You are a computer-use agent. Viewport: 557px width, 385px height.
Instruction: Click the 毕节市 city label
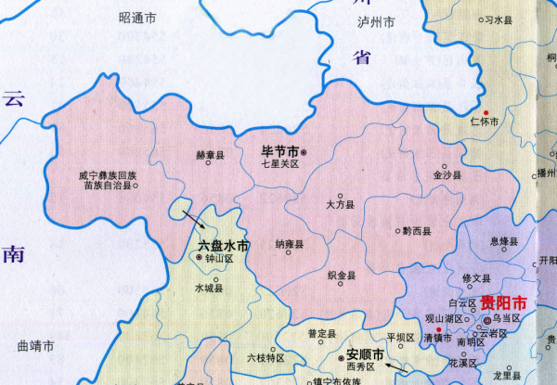coord(280,150)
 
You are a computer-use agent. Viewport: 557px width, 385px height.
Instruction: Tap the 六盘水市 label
coord(224,246)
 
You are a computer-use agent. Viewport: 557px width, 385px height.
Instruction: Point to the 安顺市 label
coord(365,354)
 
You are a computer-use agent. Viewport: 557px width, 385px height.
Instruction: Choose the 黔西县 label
coord(415,230)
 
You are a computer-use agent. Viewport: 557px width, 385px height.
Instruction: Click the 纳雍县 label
coord(290,244)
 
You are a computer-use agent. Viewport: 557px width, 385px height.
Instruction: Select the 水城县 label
coord(209,288)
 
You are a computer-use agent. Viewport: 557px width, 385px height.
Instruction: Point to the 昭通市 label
coord(137,18)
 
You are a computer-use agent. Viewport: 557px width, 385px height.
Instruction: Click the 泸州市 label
coord(376,21)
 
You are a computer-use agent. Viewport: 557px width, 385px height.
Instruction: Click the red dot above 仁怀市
coord(486,112)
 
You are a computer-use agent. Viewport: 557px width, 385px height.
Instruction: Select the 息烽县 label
coord(505,241)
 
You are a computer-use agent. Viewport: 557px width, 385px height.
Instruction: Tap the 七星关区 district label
coord(281,164)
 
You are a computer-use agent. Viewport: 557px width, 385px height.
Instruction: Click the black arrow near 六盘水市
coord(196,220)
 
